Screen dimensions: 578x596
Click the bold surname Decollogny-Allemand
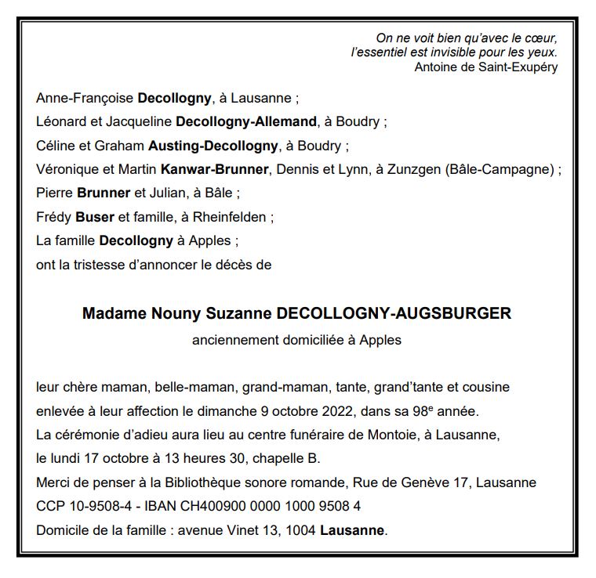coord(247,122)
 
